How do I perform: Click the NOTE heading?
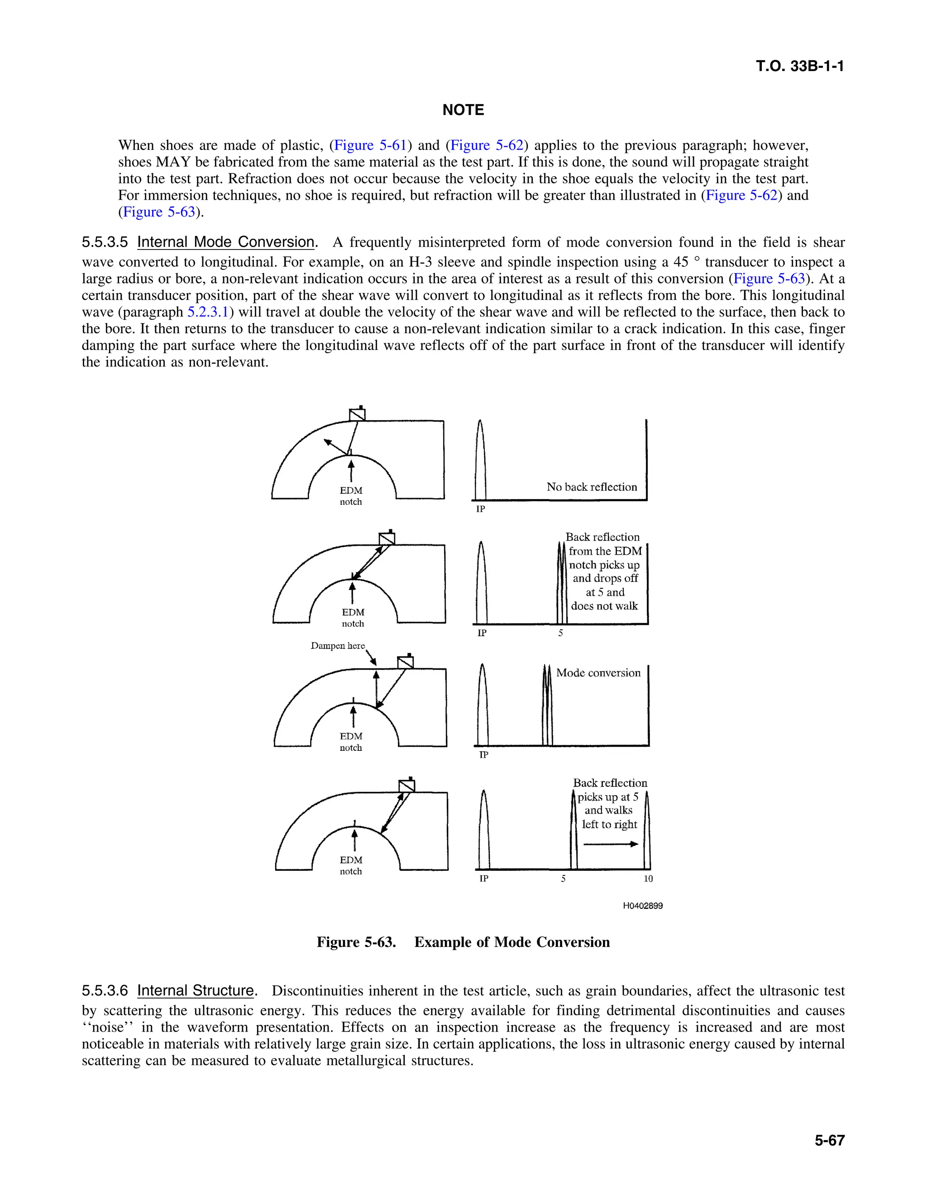pyautogui.click(x=463, y=110)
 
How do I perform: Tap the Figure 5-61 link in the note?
pyautogui.click(x=370, y=146)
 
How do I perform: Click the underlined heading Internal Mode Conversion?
pyautogui.click(x=226, y=242)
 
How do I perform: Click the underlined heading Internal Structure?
pyautogui.click(x=196, y=991)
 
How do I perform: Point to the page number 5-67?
pyautogui.click(x=829, y=1141)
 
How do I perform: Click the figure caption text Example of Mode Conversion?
pyautogui.click(x=512, y=942)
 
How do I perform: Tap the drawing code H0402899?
pyautogui.click(x=643, y=906)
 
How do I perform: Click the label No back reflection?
pyautogui.click(x=592, y=487)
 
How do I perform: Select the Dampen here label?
pyautogui.click(x=337, y=646)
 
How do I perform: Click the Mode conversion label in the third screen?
pyautogui.click(x=598, y=673)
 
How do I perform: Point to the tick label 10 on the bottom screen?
pyautogui.click(x=648, y=878)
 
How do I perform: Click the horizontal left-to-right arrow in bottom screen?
pyautogui.click(x=610, y=844)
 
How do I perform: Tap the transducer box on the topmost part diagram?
pyautogui.click(x=358, y=414)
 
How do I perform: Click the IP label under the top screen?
pyautogui.click(x=481, y=509)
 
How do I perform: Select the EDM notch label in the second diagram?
pyautogui.click(x=353, y=618)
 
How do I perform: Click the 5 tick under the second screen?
pyautogui.click(x=561, y=633)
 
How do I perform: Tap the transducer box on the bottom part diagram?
pyautogui.click(x=407, y=786)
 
